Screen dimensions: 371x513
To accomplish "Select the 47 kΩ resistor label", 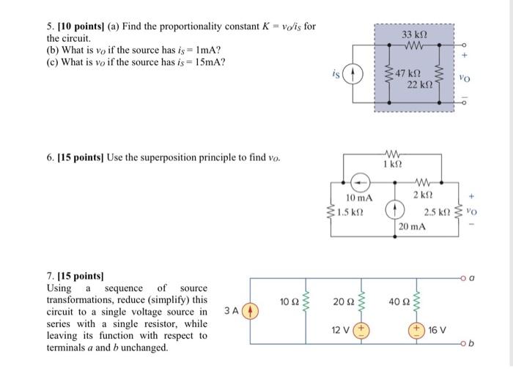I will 408,75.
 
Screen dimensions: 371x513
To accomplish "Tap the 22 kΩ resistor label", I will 421,86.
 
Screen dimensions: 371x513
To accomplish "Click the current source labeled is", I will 353,75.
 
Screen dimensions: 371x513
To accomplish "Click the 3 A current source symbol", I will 248,311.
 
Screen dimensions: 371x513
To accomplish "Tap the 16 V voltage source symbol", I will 421,331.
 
